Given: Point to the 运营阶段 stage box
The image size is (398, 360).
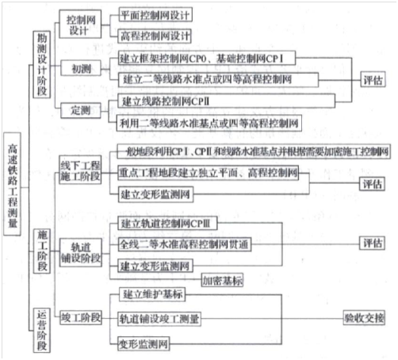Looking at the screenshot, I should (x=41, y=324).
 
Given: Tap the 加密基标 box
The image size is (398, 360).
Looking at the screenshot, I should (x=222, y=280).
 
